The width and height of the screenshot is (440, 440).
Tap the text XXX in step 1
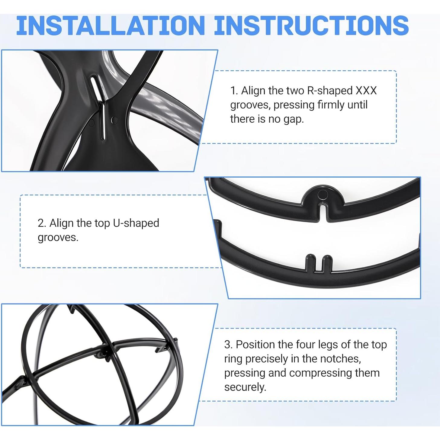(x=366, y=91)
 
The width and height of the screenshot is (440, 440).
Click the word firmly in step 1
(x=331, y=105)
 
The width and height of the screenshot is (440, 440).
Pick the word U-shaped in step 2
(x=136, y=223)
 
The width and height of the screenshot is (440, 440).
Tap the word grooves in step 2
(x=58, y=238)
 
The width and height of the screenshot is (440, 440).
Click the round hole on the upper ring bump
(x=323, y=195)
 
